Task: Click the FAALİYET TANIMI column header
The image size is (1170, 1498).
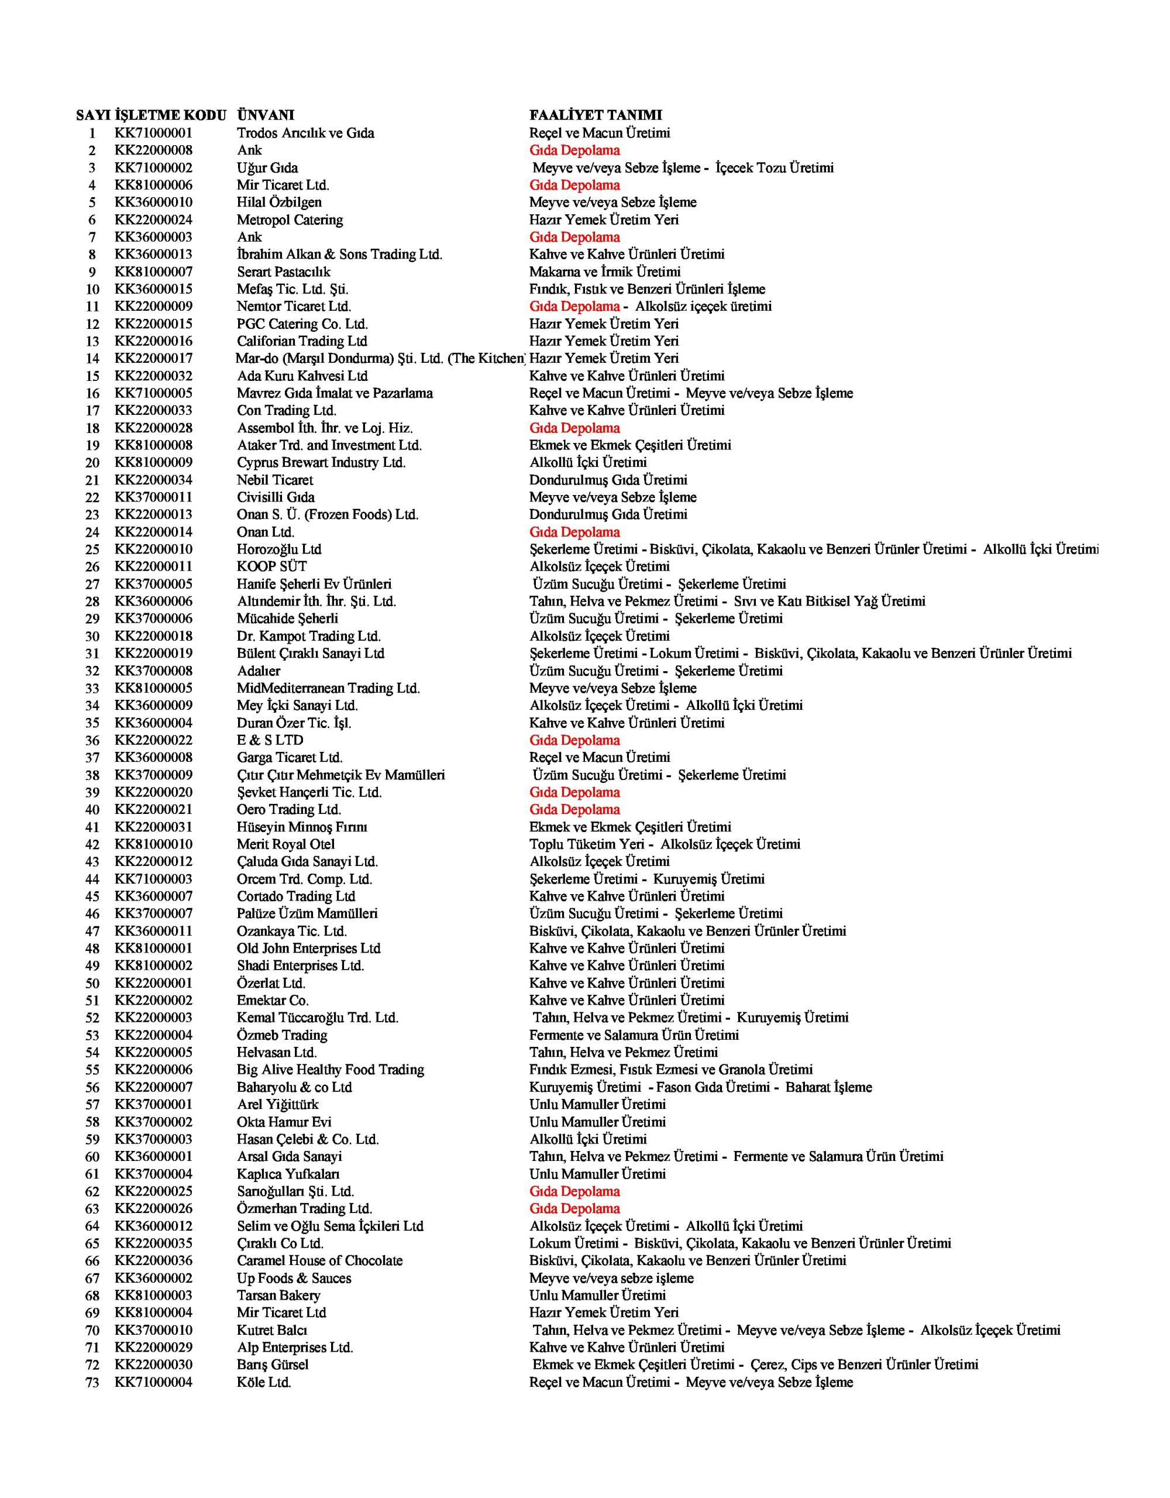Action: (x=596, y=115)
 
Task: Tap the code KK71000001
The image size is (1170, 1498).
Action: (x=154, y=133)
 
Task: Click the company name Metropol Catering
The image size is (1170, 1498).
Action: (x=290, y=219)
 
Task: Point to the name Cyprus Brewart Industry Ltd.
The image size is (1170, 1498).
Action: (x=321, y=462)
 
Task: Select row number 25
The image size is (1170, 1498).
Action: (x=92, y=549)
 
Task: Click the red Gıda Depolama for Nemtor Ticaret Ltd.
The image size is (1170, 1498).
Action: (x=574, y=307)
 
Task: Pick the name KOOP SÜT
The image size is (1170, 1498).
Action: (x=271, y=566)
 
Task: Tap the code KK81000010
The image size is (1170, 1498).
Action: (x=154, y=844)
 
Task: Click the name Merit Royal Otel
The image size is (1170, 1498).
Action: (x=286, y=844)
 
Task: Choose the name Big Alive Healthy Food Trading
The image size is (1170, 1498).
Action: (x=331, y=1069)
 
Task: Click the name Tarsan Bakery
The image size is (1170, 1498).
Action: (x=278, y=1295)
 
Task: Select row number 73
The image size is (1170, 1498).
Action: (x=92, y=1382)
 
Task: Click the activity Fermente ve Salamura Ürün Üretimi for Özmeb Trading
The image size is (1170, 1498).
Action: (x=634, y=1035)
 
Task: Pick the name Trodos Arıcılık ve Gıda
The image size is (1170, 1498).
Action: (x=305, y=133)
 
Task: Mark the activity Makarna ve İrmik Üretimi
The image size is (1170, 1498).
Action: (x=604, y=272)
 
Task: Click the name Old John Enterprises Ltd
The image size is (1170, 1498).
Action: (x=309, y=949)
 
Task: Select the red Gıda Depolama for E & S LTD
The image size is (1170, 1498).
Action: (x=574, y=740)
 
